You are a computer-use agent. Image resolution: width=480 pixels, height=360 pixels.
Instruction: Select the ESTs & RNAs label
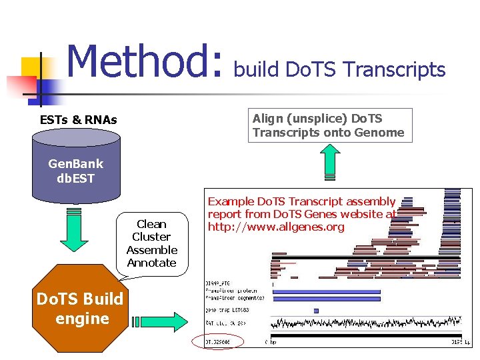79,120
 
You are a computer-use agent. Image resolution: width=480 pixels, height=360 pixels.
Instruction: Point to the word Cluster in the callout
151,237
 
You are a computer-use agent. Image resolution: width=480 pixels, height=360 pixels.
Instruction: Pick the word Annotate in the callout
151,263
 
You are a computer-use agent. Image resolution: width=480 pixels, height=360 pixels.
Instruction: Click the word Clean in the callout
151,224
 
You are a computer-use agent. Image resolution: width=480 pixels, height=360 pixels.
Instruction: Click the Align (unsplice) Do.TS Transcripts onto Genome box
329,125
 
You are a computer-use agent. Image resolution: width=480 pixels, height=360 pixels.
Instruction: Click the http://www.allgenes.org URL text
276,227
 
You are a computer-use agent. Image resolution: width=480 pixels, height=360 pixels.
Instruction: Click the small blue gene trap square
316,311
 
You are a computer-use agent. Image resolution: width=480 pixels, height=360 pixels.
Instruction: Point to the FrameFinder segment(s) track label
234,297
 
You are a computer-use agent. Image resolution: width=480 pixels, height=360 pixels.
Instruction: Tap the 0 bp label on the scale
271,341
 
